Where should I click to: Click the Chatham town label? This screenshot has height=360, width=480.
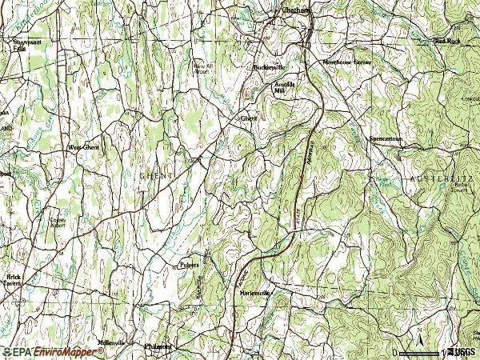(295, 10)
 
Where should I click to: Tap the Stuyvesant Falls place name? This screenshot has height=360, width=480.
(26, 44)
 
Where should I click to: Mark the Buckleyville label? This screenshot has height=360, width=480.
(270, 67)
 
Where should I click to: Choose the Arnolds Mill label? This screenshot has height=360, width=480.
(286, 87)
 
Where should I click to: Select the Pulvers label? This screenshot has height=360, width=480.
(188, 264)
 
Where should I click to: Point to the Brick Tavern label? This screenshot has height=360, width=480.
(12, 280)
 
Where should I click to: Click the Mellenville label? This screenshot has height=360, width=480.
(111, 342)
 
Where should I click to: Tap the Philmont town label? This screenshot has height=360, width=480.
(158, 346)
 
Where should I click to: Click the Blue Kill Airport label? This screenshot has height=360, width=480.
(205, 68)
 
